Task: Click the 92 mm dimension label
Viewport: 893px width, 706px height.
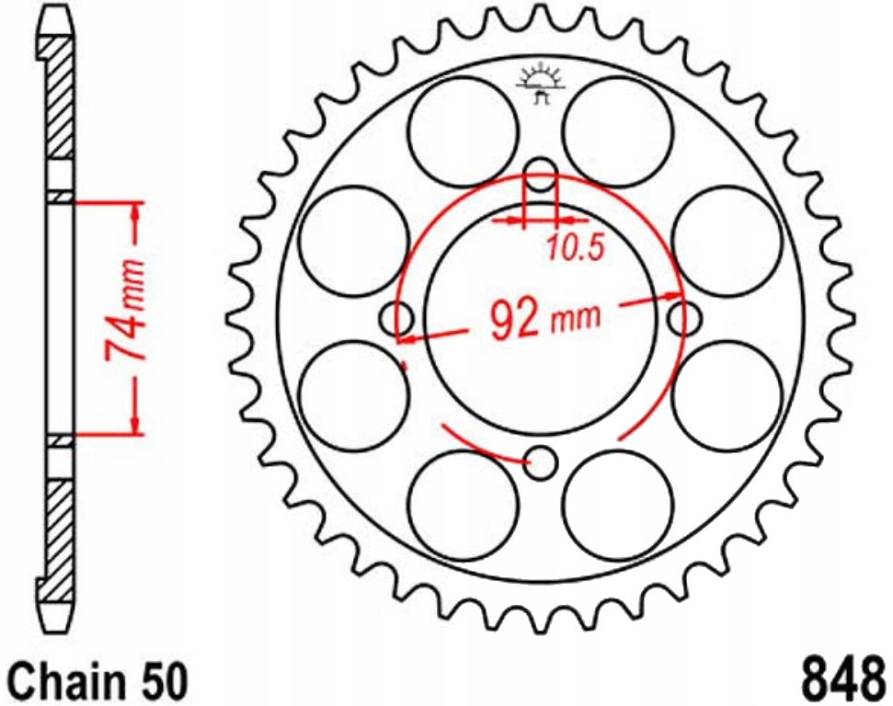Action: point(544,319)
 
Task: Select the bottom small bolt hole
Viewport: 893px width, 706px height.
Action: point(542,462)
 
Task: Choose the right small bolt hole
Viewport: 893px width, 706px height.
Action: point(683,319)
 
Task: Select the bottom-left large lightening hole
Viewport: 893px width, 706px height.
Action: point(464,506)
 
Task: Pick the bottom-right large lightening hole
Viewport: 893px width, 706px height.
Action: point(618,506)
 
